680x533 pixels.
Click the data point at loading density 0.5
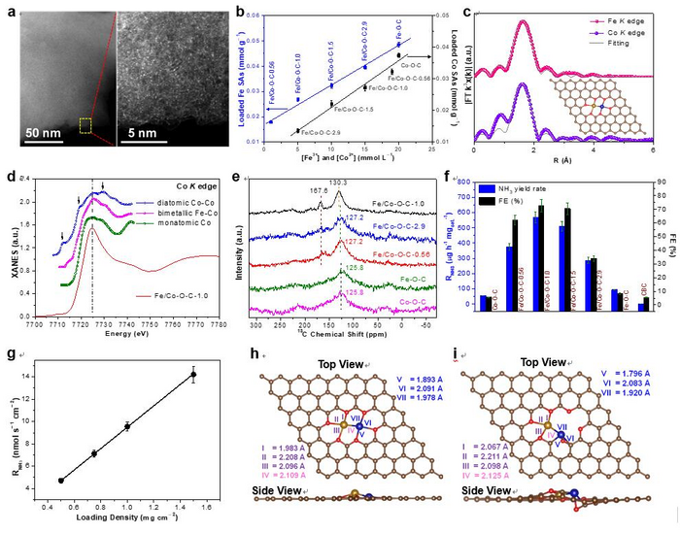pyautogui.click(x=61, y=480)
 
